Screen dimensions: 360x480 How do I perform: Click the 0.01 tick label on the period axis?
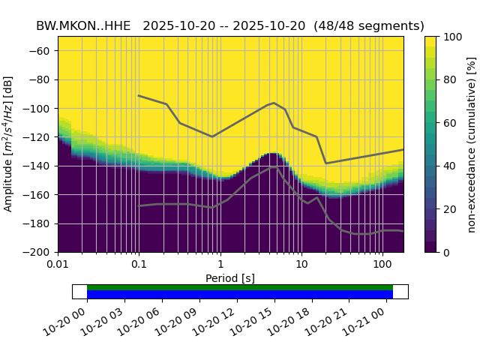click(58, 265)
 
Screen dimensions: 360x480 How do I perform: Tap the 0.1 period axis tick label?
click(139, 265)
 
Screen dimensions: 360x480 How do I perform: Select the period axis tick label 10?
click(301, 265)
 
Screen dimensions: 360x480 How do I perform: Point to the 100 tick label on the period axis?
click(382, 265)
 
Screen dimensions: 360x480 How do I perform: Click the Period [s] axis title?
click(230, 278)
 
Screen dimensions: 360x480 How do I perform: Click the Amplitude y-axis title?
click(9, 144)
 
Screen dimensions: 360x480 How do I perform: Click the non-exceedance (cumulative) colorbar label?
click(471, 144)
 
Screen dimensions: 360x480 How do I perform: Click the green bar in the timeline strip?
click(240, 287)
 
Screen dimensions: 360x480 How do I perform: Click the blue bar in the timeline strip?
click(240, 295)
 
